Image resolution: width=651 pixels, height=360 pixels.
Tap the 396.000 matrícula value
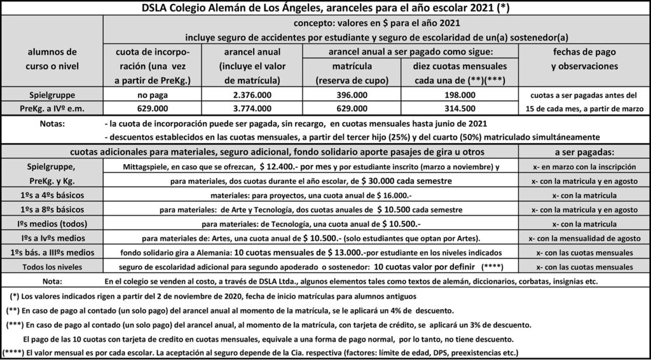pyautogui.click(x=353, y=95)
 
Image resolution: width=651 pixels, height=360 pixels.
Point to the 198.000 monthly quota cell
pyautogui.click(x=460, y=95)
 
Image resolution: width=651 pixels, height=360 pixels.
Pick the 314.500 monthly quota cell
pyautogui.click(x=460, y=108)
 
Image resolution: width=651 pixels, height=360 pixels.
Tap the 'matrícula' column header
pyautogui.click(x=353, y=66)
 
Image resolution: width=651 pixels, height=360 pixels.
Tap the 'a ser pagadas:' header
pyautogui.click(x=584, y=153)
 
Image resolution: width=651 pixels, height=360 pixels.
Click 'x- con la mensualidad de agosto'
pyautogui.click(x=584, y=239)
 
